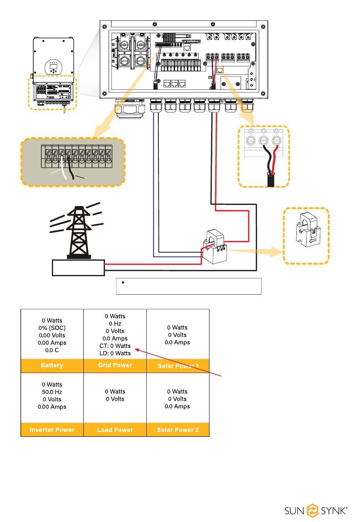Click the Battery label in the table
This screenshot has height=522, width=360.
coord(52,365)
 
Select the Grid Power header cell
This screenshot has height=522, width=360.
coord(115,365)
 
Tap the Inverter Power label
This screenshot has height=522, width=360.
coord(52,430)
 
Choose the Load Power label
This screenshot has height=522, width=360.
coord(115,430)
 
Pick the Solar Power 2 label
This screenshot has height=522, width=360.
coord(178,430)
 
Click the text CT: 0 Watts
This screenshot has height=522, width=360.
coord(115,346)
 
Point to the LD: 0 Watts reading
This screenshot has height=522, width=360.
coord(115,353)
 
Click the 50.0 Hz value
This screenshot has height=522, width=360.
coord(52,392)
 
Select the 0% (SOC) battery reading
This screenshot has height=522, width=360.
coord(52,328)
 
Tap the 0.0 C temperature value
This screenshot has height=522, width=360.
coord(52,350)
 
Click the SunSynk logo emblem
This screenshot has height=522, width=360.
coord(313,511)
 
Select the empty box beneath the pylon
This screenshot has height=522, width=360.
coord(78,268)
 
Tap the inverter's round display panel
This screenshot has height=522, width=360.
coord(53,67)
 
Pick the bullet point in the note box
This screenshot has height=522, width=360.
coord(123,283)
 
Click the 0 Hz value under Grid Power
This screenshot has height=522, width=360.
coord(115,324)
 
